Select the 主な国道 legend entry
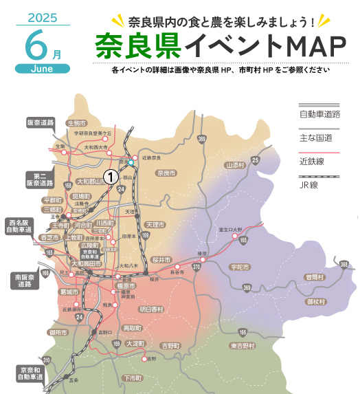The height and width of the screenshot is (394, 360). pos(315,138)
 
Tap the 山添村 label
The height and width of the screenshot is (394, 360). pos(235,166)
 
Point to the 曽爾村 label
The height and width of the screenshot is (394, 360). pos(315,277)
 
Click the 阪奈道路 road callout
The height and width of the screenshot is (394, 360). pos(41,122)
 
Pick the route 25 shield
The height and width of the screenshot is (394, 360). pos(255,160)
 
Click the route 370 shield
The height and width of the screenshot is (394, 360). pos(196,267)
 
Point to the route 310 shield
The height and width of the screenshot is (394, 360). pos(46,360)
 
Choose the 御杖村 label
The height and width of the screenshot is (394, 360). pos(315,301)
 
